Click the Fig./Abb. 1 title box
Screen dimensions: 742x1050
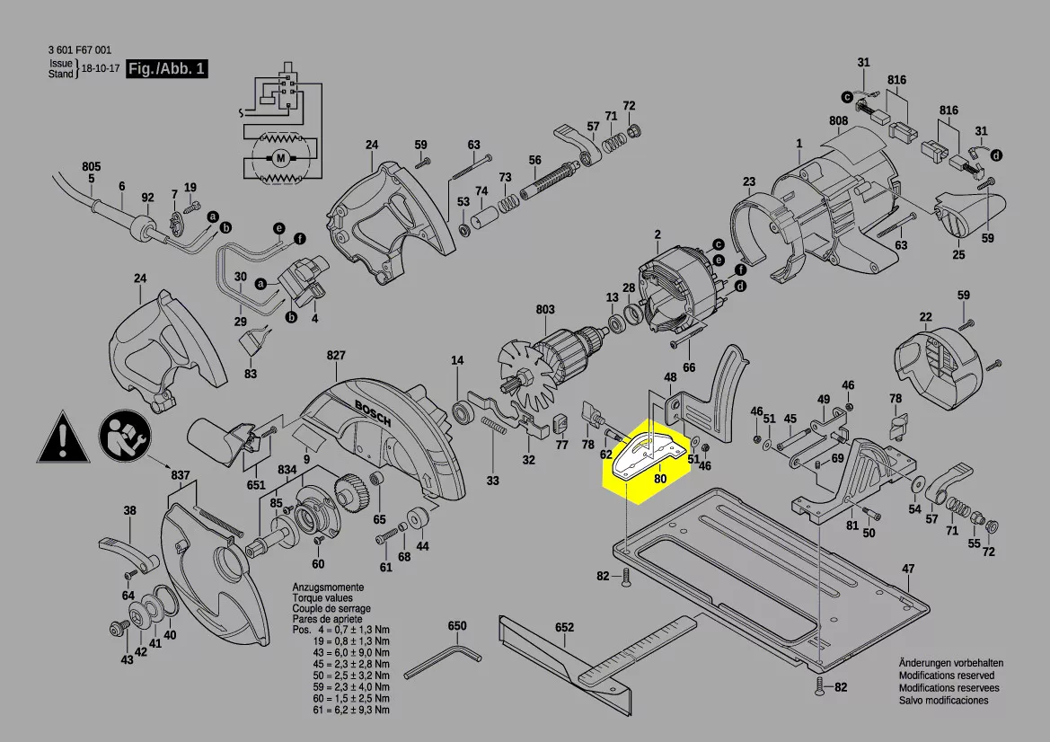click(167, 69)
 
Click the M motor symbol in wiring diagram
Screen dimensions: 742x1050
click(280, 159)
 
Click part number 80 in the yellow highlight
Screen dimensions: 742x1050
click(660, 479)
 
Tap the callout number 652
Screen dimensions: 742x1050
click(564, 626)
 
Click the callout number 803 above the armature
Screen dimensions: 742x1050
click(545, 310)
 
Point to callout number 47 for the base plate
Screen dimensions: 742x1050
click(908, 569)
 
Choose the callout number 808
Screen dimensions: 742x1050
click(838, 120)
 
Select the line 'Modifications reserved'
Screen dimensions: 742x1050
click(947, 676)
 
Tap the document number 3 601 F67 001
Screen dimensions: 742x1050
click(81, 51)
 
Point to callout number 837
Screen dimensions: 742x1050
click(181, 474)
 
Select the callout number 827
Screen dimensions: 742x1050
click(335, 356)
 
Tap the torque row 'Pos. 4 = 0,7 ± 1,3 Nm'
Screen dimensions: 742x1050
click(340, 632)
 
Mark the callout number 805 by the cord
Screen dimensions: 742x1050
click(91, 166)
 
